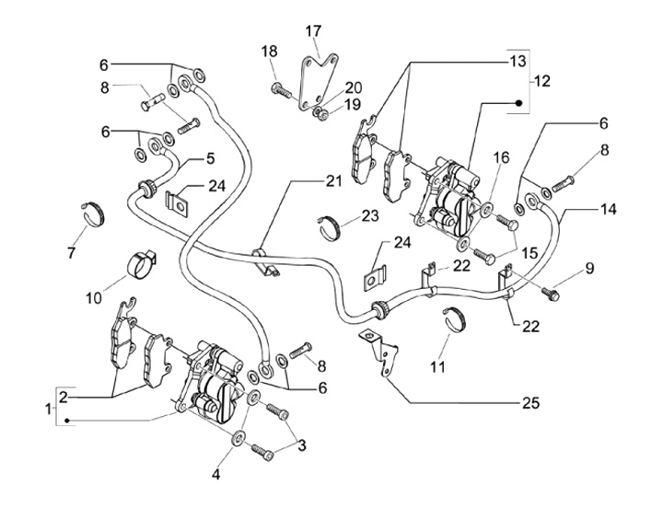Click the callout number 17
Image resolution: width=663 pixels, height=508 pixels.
314,31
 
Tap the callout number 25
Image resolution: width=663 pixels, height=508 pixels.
531,403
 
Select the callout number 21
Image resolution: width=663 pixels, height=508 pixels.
333,181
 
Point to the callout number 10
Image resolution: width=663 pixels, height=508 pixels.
94,298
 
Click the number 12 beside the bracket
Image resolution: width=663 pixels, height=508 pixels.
542,80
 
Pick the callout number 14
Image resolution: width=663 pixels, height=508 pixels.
608,209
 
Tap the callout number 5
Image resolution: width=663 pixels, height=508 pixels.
210,158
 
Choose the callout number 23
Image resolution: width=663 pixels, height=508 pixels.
370,215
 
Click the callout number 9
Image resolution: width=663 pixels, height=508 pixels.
589,268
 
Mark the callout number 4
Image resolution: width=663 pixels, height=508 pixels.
216,475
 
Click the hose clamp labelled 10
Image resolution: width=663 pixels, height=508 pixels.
141,262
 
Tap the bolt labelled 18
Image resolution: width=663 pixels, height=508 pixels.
280,89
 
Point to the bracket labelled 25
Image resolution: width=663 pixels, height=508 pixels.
380,350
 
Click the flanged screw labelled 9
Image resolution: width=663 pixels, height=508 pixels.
551,293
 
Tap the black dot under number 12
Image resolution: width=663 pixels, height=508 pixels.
519,103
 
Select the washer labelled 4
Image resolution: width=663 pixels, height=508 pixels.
238,438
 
